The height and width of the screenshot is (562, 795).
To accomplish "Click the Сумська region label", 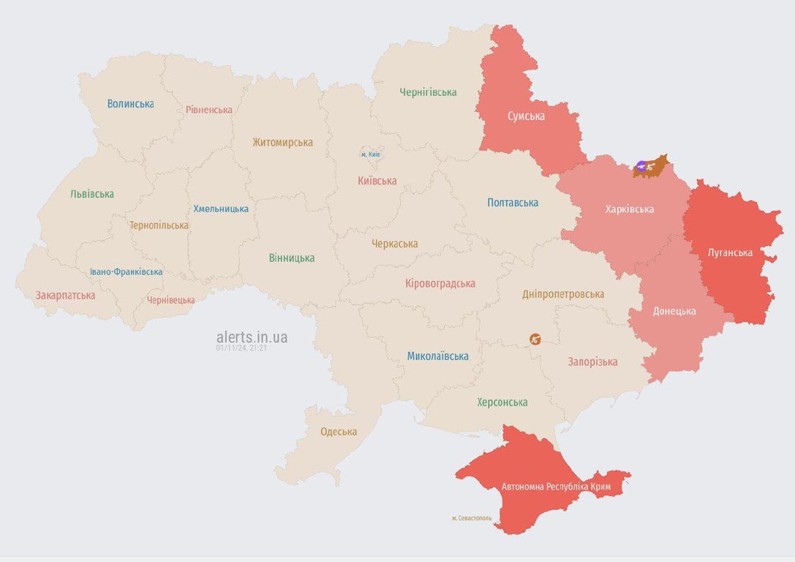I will (526, 116).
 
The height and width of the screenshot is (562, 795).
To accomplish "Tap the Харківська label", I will (629, 209).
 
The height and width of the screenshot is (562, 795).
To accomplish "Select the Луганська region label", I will (730, 252).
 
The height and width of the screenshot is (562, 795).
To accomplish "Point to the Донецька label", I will (674, 311).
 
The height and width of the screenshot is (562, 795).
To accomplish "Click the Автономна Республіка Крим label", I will (556, 487).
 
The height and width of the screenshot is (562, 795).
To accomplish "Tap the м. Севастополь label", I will (472, 518).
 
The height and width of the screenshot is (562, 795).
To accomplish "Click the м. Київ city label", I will (370, 154).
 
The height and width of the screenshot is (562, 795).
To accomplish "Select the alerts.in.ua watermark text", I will (252, 337).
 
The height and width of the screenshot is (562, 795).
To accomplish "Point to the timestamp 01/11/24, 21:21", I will (241, 348).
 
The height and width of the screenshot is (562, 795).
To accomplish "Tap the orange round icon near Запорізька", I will (535, 339).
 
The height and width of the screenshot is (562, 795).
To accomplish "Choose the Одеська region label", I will (339, 432).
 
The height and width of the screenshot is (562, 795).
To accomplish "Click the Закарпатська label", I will (65, 296).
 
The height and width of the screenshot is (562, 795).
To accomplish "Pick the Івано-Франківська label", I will (127, 271).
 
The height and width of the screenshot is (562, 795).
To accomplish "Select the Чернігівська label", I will (428, 92).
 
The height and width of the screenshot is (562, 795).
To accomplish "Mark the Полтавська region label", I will (513, 203).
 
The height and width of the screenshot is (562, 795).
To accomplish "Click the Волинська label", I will (130, 104).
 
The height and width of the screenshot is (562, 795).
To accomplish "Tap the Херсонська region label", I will (502, 402).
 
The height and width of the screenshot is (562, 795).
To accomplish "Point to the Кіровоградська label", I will (440, 283).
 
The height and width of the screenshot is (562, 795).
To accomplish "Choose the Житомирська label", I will (282, 143).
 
